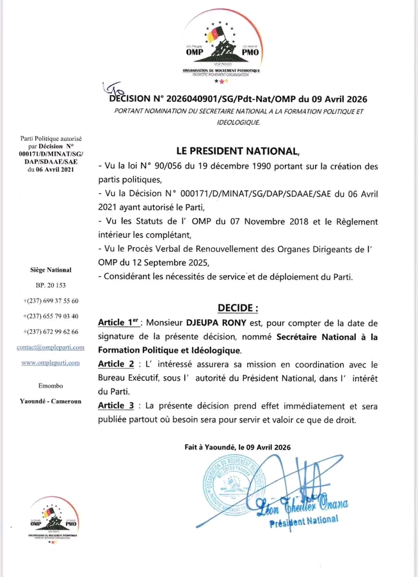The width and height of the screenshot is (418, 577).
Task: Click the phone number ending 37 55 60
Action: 51,301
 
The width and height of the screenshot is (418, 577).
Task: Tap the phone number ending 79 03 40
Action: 51,316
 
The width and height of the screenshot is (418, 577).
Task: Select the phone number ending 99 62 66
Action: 51,331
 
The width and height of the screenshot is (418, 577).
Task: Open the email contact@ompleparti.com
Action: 51,347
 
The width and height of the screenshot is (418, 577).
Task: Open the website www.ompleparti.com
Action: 51,362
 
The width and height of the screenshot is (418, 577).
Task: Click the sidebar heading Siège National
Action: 51,270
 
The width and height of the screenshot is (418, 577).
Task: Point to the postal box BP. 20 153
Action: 51,285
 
